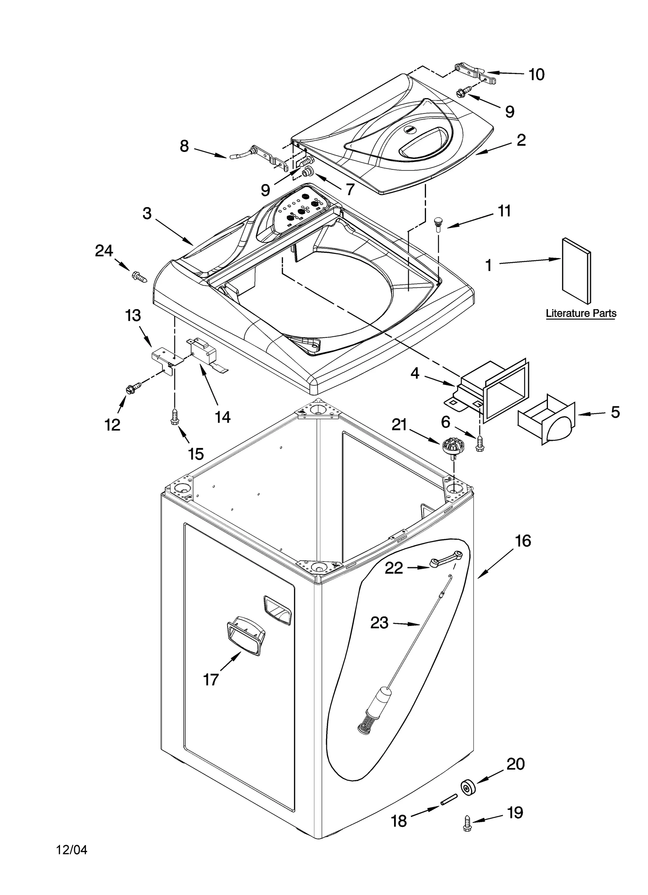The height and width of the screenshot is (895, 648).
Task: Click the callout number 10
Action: tap(536, 75)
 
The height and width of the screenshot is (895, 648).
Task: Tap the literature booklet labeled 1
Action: tap(576, 271)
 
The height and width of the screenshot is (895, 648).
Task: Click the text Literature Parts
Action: tap(581, 313)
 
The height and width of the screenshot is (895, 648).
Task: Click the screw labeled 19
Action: tap(467, 827)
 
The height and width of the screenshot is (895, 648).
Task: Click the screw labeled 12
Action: tap(133, 388)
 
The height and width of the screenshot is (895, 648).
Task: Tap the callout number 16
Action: tap(522, 541)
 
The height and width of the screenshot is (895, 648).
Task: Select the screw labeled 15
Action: tap(175, 417)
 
